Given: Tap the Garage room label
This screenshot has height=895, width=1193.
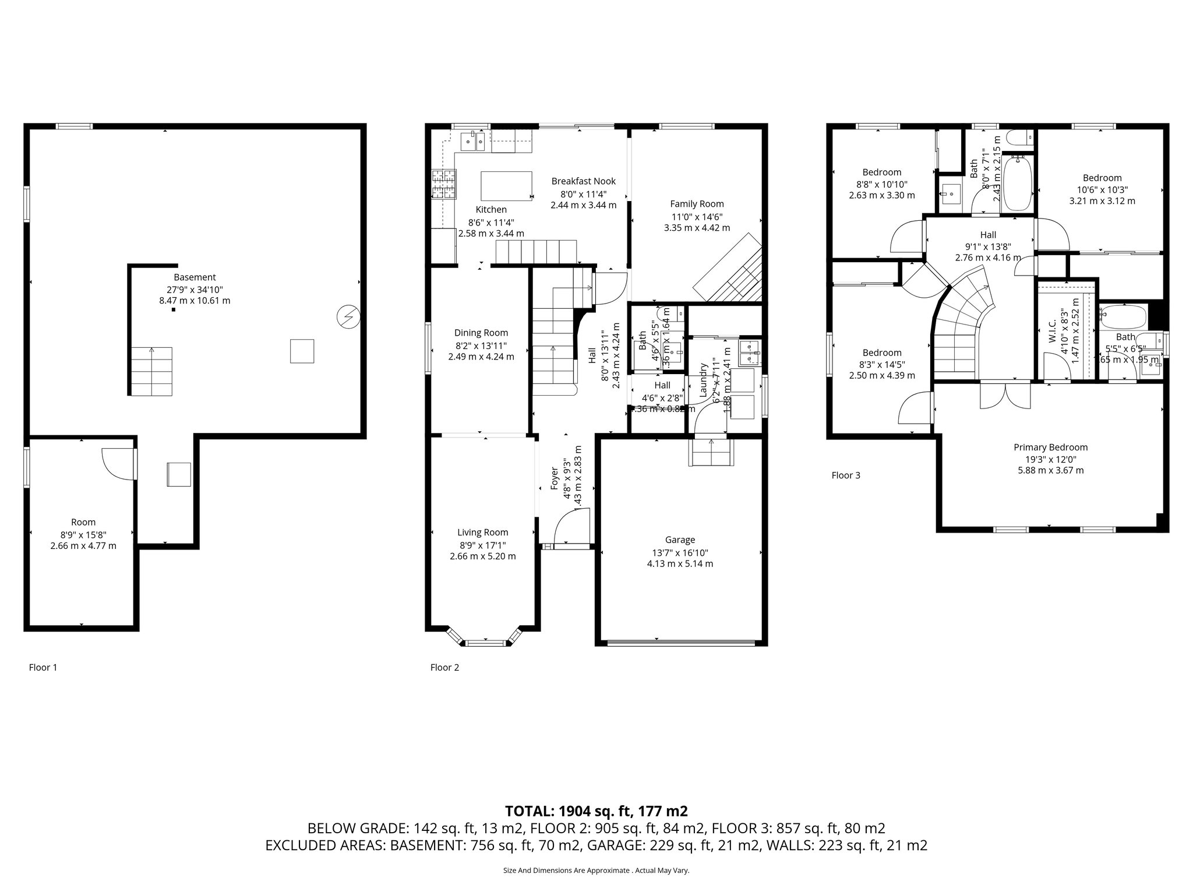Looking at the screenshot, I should pyautogui.click(x=680, y=540).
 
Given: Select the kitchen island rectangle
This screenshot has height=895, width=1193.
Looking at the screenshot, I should pyautogui.click(x=506, y=186).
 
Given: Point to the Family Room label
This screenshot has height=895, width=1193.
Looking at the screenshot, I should pyautogui.click(x=697, y=204).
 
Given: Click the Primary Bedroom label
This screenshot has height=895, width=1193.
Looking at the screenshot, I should pyautogui.click(x=1050, y=447).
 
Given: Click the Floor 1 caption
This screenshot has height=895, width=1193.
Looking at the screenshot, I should pyautogui.click(x=43, y=667).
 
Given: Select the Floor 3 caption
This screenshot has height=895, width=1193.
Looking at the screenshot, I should pyautogui.click(x=845, y=475).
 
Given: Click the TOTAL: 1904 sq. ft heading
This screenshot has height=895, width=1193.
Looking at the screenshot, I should pyautogui.click(x=596, y=811).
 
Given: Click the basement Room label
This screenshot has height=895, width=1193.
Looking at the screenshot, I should pyautogui.click(x=83, y=522).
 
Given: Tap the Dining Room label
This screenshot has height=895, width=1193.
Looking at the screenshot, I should pyautogui.click(x=481, y=333).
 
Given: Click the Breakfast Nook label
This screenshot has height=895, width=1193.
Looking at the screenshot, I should pyautogui.click(x=583, y=181).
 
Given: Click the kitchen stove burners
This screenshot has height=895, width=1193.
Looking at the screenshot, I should pyautogui.click(x=444, y=185).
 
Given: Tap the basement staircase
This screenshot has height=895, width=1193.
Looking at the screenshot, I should pyautogui.click(x=151, y=371).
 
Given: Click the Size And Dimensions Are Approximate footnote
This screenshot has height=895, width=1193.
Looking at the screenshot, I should pyautogui.click(x=596, y=871).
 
